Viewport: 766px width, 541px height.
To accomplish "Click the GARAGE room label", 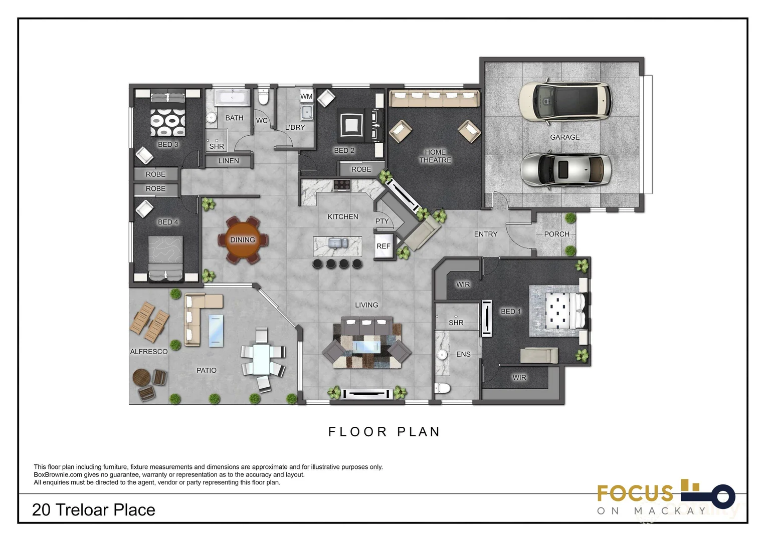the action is tap(564, 137).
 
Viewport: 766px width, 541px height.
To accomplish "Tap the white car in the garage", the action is tap(565, 102).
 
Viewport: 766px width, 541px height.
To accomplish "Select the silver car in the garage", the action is tap(566, 169).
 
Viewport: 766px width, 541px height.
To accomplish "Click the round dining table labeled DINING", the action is tap(243, 240).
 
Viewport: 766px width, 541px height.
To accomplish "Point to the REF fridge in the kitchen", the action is tap(384, 246).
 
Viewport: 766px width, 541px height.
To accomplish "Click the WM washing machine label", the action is tap(306, 96).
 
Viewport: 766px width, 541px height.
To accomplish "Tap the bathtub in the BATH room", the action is tap(232, 97).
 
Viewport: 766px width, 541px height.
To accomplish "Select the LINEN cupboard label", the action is tap(229, 161).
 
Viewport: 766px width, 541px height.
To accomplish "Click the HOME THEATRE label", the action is tap(435, 156).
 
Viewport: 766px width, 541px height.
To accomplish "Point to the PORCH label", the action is tap(557, 234).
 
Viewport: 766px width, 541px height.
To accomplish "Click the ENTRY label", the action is tap(486, 234).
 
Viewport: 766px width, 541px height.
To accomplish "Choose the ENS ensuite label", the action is tap(463, 354).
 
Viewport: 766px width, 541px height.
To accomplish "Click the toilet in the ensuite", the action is tap(442, 388).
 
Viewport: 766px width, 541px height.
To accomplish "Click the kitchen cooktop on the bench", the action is tap(342, 185).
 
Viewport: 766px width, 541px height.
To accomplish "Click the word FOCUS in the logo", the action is tap(635, 493).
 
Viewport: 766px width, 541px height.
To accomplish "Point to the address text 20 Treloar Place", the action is tap(94, 510).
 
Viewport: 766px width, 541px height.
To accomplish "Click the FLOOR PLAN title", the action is tap(384, 432).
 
